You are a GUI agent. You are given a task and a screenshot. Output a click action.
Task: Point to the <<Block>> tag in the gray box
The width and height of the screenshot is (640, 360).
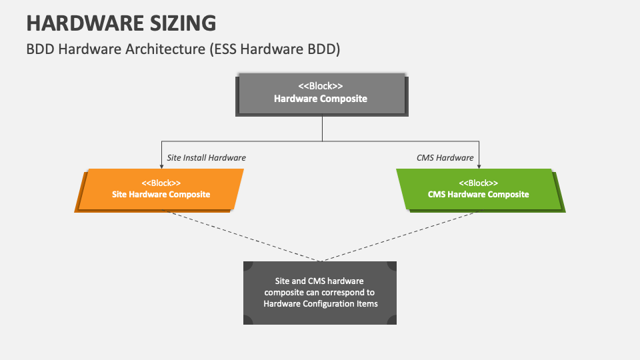pyautogui.click(x=321, y=86)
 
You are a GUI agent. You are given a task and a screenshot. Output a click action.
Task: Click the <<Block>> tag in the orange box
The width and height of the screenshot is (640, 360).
pyautogui.click(x=161, y=183)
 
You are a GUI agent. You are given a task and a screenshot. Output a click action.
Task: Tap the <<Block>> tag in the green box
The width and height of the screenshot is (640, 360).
pyautogui.click(x=478, y=183)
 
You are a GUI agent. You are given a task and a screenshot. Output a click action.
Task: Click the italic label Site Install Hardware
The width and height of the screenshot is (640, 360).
pyautogui.click(x=206, y=158)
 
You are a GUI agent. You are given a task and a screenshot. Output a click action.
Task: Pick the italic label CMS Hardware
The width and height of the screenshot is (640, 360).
pyautogui.click(x=445, y=158)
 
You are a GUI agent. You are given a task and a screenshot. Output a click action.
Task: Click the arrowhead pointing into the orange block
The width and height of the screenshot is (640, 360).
pyautogui.click(x=161, y=165)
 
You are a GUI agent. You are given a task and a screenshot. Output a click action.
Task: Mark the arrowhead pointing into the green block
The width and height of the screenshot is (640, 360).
pyautogui.click(x=479, y=165)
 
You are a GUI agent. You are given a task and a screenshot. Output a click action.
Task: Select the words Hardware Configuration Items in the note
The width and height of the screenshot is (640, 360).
pyautogui.click(x=321, y=304)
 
